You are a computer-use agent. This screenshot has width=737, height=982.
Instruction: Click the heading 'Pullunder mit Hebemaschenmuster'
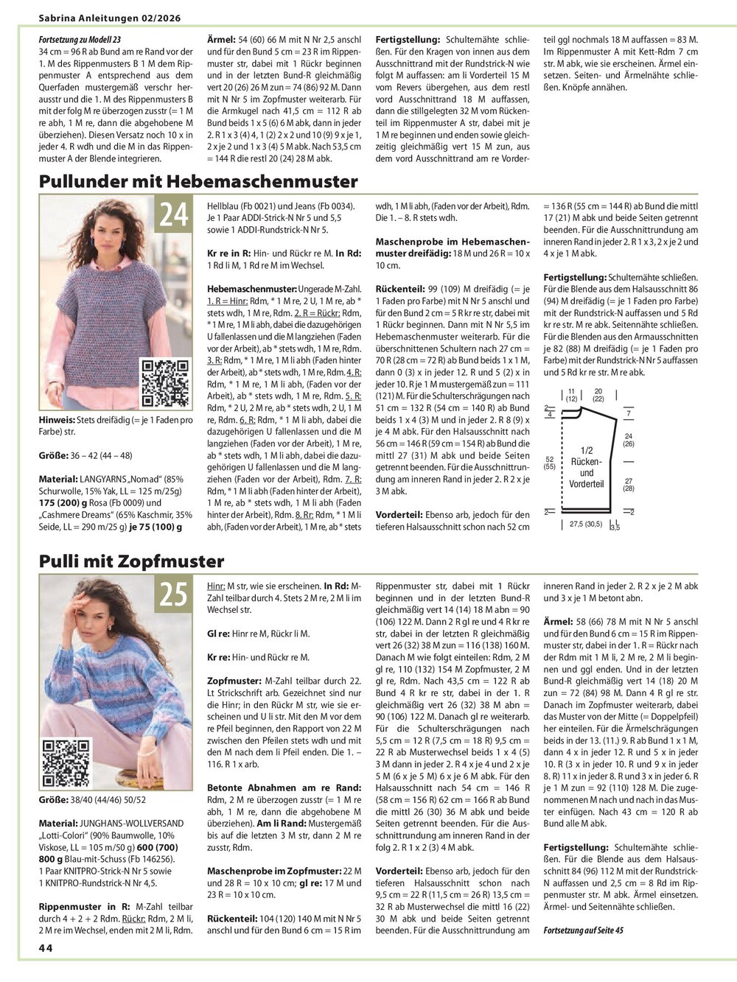click(198, 181)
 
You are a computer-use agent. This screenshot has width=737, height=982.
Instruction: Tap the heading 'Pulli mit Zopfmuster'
click(131, 561)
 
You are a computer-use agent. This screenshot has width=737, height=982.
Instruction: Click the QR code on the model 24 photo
click(165, 384)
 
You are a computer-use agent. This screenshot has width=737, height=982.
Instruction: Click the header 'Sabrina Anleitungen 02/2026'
click(111, 16)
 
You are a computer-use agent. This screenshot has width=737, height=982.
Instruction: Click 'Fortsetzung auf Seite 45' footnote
click(583, 930)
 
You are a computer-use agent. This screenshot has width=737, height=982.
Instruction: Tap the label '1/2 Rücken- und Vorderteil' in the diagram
click(587, 466)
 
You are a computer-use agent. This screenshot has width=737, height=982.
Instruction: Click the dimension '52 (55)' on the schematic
click(549, 463)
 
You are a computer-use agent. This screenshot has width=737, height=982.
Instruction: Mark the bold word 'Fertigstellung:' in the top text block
click(408, 40)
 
